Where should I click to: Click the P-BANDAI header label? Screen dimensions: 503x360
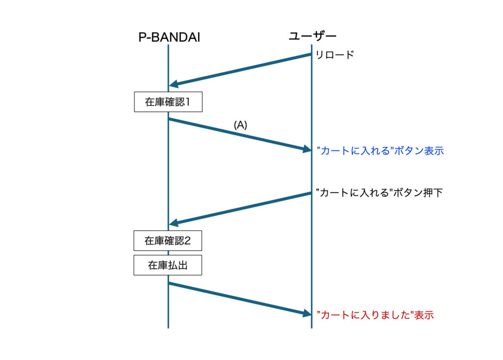169,37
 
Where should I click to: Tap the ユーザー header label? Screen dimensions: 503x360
312,36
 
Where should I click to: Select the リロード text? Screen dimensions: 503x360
335,55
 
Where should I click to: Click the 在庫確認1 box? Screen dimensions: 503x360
168,102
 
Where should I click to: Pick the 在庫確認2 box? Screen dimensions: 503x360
168,241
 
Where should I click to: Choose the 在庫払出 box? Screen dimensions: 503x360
168,265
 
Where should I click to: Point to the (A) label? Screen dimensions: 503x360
241,125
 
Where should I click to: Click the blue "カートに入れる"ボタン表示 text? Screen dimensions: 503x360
380,150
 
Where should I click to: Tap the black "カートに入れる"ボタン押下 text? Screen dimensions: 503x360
379,193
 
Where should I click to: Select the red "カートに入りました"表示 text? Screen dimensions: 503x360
375,315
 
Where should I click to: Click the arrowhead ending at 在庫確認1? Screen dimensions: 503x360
173,84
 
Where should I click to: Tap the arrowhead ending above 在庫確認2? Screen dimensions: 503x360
173,222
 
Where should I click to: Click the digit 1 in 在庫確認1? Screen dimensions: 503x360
188,102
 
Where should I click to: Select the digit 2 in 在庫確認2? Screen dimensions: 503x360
188,241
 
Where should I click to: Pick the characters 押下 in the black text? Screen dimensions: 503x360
432,193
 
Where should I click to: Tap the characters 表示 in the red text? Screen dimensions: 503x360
424,315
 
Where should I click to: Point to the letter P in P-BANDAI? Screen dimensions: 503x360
142,37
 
